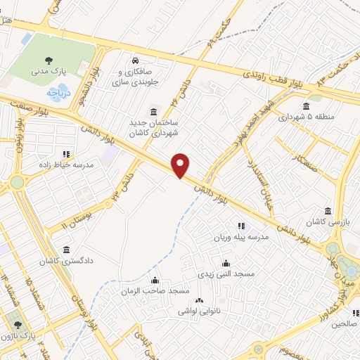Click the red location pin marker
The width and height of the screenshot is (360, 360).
(x=181, y=165)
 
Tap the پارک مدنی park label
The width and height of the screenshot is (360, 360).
(x=49, y=71)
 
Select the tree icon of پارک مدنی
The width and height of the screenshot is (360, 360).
(x=49, y=60)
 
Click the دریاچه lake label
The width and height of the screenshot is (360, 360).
(x=58, y=92)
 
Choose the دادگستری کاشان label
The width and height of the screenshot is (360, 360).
(x=66, y=261)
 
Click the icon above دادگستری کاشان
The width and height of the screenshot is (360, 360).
(x=66, y=250)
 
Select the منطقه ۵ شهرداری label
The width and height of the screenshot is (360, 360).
(x=310, y=117)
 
